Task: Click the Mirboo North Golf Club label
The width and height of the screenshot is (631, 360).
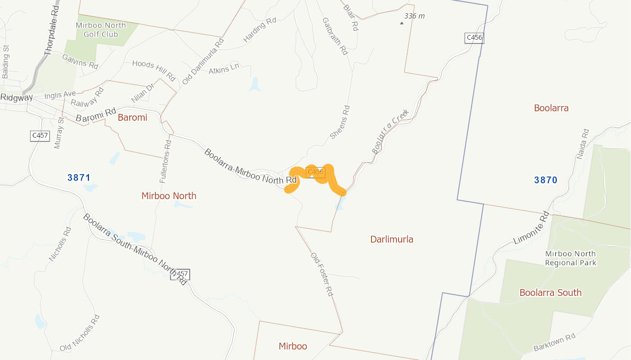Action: pos(101,30)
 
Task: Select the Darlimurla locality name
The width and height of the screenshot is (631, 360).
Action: pos(392,239)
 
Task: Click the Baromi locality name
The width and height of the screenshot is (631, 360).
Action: pos(132,117)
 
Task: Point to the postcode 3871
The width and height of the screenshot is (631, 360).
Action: pos(79,177)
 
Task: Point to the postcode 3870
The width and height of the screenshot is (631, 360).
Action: pos(545,180)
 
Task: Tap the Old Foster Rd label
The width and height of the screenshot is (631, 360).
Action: pos(323,274)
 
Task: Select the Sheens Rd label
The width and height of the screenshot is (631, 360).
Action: pos(340,122)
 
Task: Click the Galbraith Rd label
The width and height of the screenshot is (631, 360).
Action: pos(335,37)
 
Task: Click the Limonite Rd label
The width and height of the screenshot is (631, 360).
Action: pos(531,228)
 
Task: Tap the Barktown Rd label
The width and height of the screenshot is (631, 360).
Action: pos(554,343)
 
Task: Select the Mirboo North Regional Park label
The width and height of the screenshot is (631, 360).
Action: pos(570,258)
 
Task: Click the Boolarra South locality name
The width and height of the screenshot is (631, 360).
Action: pos(550,292)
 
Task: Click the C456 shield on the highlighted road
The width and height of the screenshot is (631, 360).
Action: pos(315,172)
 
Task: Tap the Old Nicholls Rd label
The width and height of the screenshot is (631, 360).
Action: pos(79,333)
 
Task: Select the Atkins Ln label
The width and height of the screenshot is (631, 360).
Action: pos(224,69)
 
